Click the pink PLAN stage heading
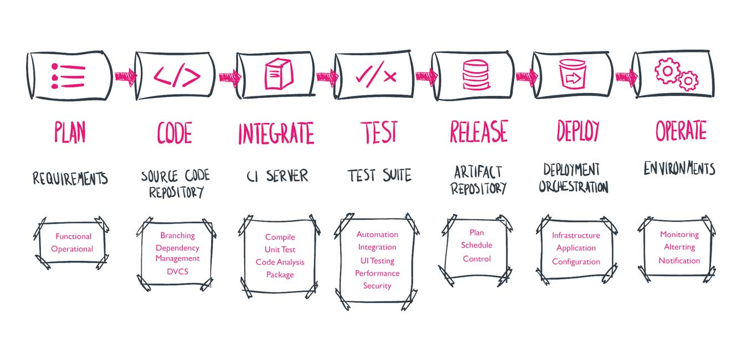[70, 132]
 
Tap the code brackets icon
[177, 77]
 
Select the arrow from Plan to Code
[126, 76]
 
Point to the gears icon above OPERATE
[676, 75]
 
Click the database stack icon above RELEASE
[476, 75]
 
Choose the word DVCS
[178, 271]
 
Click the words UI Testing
[377, 261]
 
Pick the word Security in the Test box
[377, 286]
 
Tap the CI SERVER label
[277, 176]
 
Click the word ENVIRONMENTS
[679, 168]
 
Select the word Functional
[73, 236]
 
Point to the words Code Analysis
[280, 263]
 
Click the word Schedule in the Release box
[477, 245]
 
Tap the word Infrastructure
[576, 235]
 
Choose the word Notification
[679, 261]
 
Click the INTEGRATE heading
[276, 133]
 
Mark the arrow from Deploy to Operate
[627, 77]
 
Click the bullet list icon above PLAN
[68, 76]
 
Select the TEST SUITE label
[379, 175]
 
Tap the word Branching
[178, 236]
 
